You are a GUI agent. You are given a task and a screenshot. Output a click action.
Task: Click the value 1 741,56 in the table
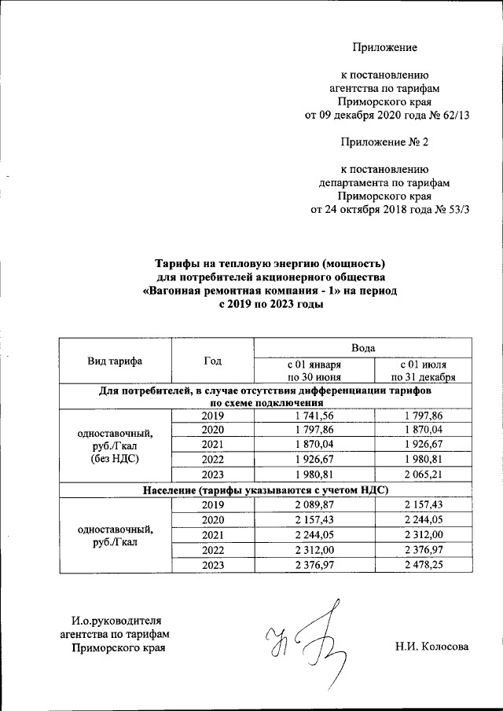(x=314, y=416)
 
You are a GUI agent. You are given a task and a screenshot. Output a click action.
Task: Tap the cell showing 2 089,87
(x=314, y=505)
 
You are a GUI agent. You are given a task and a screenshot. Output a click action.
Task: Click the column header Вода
(x=362, y=346)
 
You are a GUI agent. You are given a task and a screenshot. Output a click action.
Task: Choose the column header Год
(x=212, y=361)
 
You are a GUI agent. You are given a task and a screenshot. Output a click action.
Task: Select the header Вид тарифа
(x=115, y=361)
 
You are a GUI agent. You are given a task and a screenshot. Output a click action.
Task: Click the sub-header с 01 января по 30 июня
(x=314, y=371)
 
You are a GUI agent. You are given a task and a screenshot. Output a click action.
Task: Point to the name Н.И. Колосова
(x=431, y=647)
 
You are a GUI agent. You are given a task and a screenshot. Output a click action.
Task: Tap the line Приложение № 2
(x=384, y=142)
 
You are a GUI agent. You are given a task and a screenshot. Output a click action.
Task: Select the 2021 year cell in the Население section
(x=212, y=535)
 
